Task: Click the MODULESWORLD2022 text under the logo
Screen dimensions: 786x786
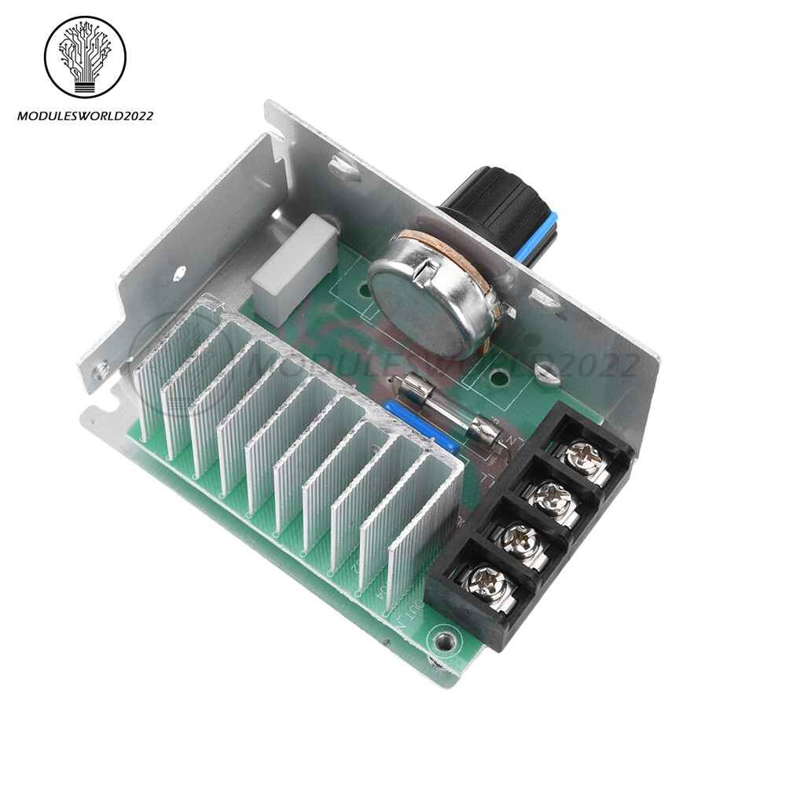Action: tap(85, 116)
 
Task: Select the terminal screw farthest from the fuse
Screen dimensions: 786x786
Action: tap(486, 583)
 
